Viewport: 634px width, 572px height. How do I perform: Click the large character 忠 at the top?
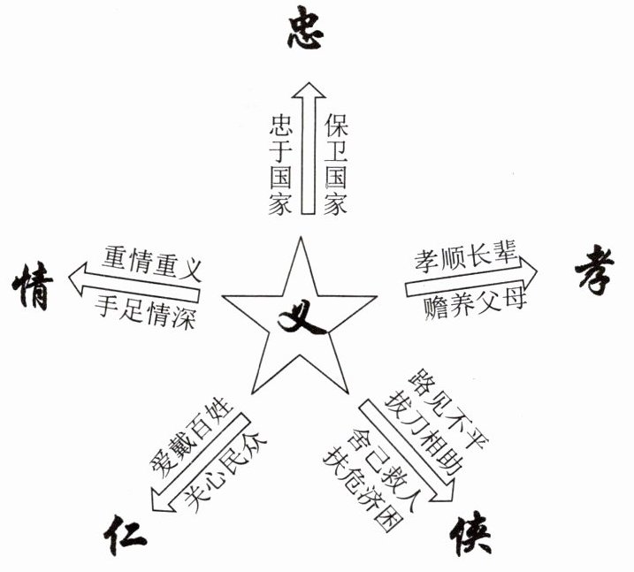307,31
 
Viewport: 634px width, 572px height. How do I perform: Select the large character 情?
33,288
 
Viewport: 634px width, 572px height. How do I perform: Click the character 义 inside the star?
303,317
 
